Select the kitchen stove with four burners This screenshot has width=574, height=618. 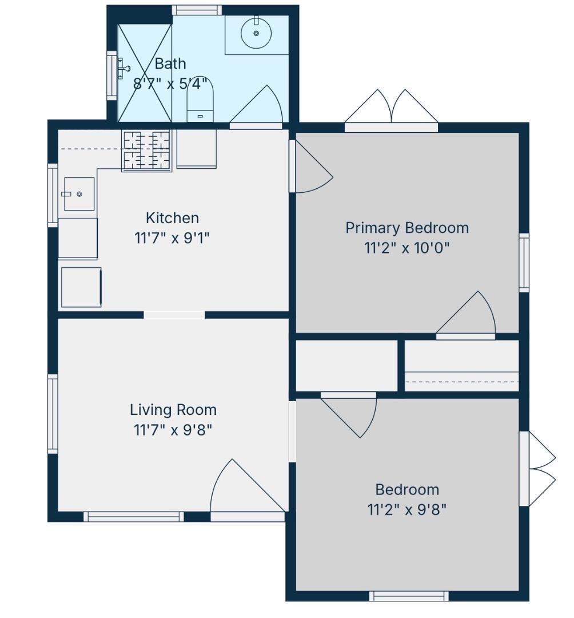[146, 150]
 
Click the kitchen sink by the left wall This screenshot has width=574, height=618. [79, 194]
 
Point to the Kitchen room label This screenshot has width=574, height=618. [172, 218]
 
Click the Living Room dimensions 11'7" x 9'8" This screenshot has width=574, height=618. [173, 430]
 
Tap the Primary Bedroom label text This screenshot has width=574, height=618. [407, 228]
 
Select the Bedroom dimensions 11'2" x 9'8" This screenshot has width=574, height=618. [407, 510]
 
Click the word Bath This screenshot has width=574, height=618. [170, 64]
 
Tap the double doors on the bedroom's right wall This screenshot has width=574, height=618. [542, 469]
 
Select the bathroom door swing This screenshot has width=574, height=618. [256, 104]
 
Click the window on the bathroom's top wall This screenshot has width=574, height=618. [197, 10]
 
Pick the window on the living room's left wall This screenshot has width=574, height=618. [53, 414]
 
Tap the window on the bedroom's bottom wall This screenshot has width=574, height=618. [410, 596]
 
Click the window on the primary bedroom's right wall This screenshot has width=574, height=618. [524, 263]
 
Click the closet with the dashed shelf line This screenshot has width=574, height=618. [462, 366]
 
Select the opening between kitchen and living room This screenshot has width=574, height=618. [174, 315]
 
